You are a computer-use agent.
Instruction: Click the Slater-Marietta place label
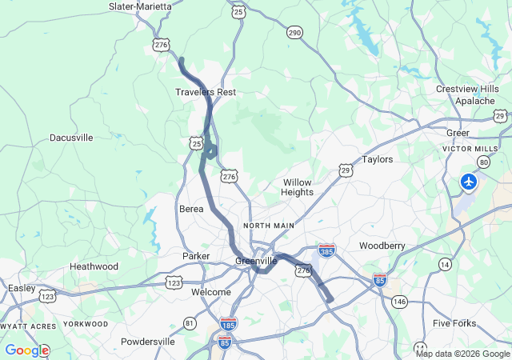(140, 6)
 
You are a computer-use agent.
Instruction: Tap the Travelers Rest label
(206, 92)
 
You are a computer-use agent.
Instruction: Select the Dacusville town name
(71, 138)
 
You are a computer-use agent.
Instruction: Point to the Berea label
(191, 209)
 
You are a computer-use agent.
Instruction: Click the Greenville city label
(256, 261)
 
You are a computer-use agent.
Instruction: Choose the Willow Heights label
(297, 187)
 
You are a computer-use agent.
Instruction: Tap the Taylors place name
(378, 159)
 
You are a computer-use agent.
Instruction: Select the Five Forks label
(454, 323)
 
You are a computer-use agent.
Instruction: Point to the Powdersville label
(148, 342)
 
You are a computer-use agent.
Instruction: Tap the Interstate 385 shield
(326, 250)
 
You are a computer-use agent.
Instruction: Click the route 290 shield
(294, 32)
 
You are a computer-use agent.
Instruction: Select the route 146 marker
(399, 301)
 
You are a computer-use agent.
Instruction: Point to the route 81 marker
(190, 322)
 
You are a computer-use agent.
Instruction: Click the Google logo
(26, 350)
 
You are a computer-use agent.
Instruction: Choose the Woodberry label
(382, 245)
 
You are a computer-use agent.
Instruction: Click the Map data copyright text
(462, 354)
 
